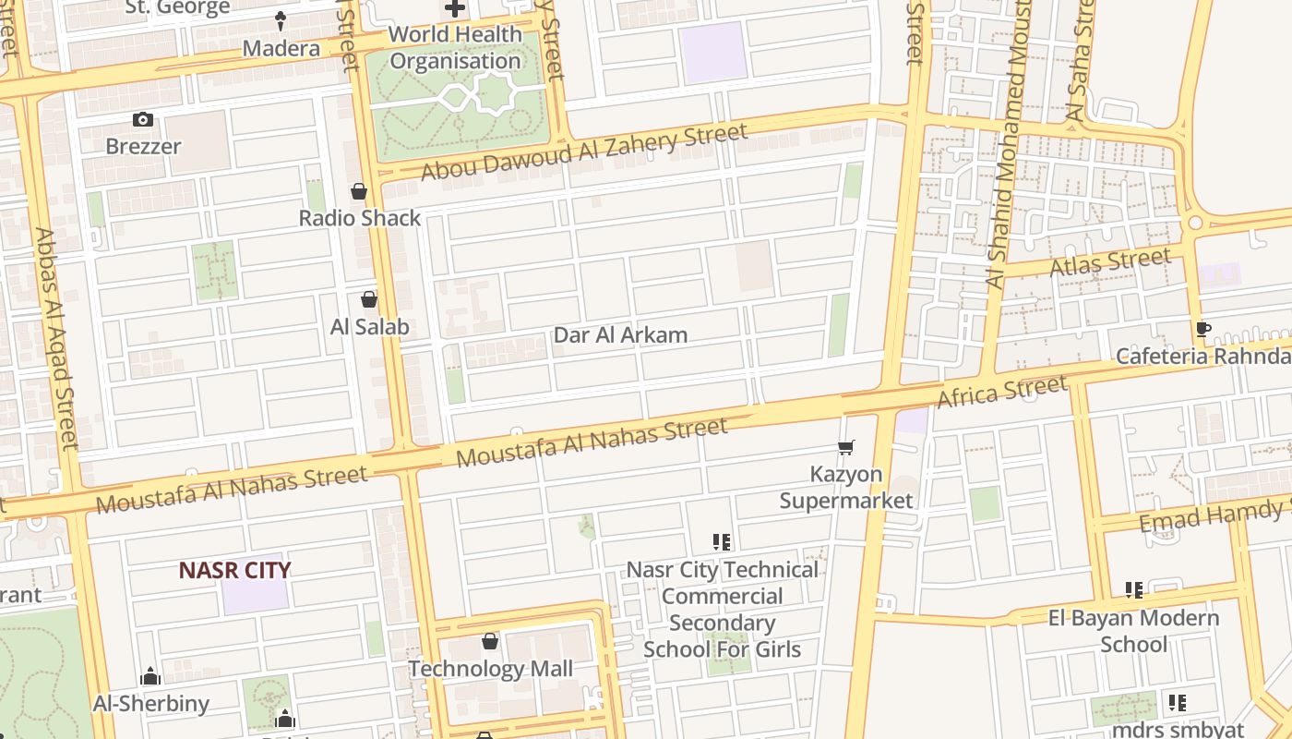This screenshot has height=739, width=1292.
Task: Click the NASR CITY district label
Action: point(235,570)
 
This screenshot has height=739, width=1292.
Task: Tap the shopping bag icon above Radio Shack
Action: point(359,191)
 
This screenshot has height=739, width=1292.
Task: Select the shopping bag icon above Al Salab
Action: point(369,299)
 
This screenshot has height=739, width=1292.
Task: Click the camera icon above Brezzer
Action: point(142,119)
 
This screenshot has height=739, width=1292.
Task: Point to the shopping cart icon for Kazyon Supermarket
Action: point(846,447)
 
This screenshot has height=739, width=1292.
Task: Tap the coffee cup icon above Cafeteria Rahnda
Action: point(1203,329)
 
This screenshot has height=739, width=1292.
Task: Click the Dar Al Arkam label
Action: point(620,334)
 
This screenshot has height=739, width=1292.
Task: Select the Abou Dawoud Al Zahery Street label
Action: point(584,152)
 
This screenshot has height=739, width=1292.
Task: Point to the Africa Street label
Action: point(1002,392)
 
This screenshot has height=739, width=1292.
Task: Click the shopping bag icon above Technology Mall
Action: point(490,641)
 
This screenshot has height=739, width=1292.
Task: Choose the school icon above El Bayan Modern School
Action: point(1134,589)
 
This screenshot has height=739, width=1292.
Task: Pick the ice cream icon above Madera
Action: point(281,20)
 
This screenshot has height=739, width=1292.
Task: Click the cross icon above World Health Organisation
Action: point(455,8)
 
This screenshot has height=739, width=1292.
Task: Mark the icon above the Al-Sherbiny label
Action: point(150,676)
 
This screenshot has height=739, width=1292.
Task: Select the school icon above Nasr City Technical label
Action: point(722,541)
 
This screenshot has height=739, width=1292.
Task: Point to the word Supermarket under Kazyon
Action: point(846,501)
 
